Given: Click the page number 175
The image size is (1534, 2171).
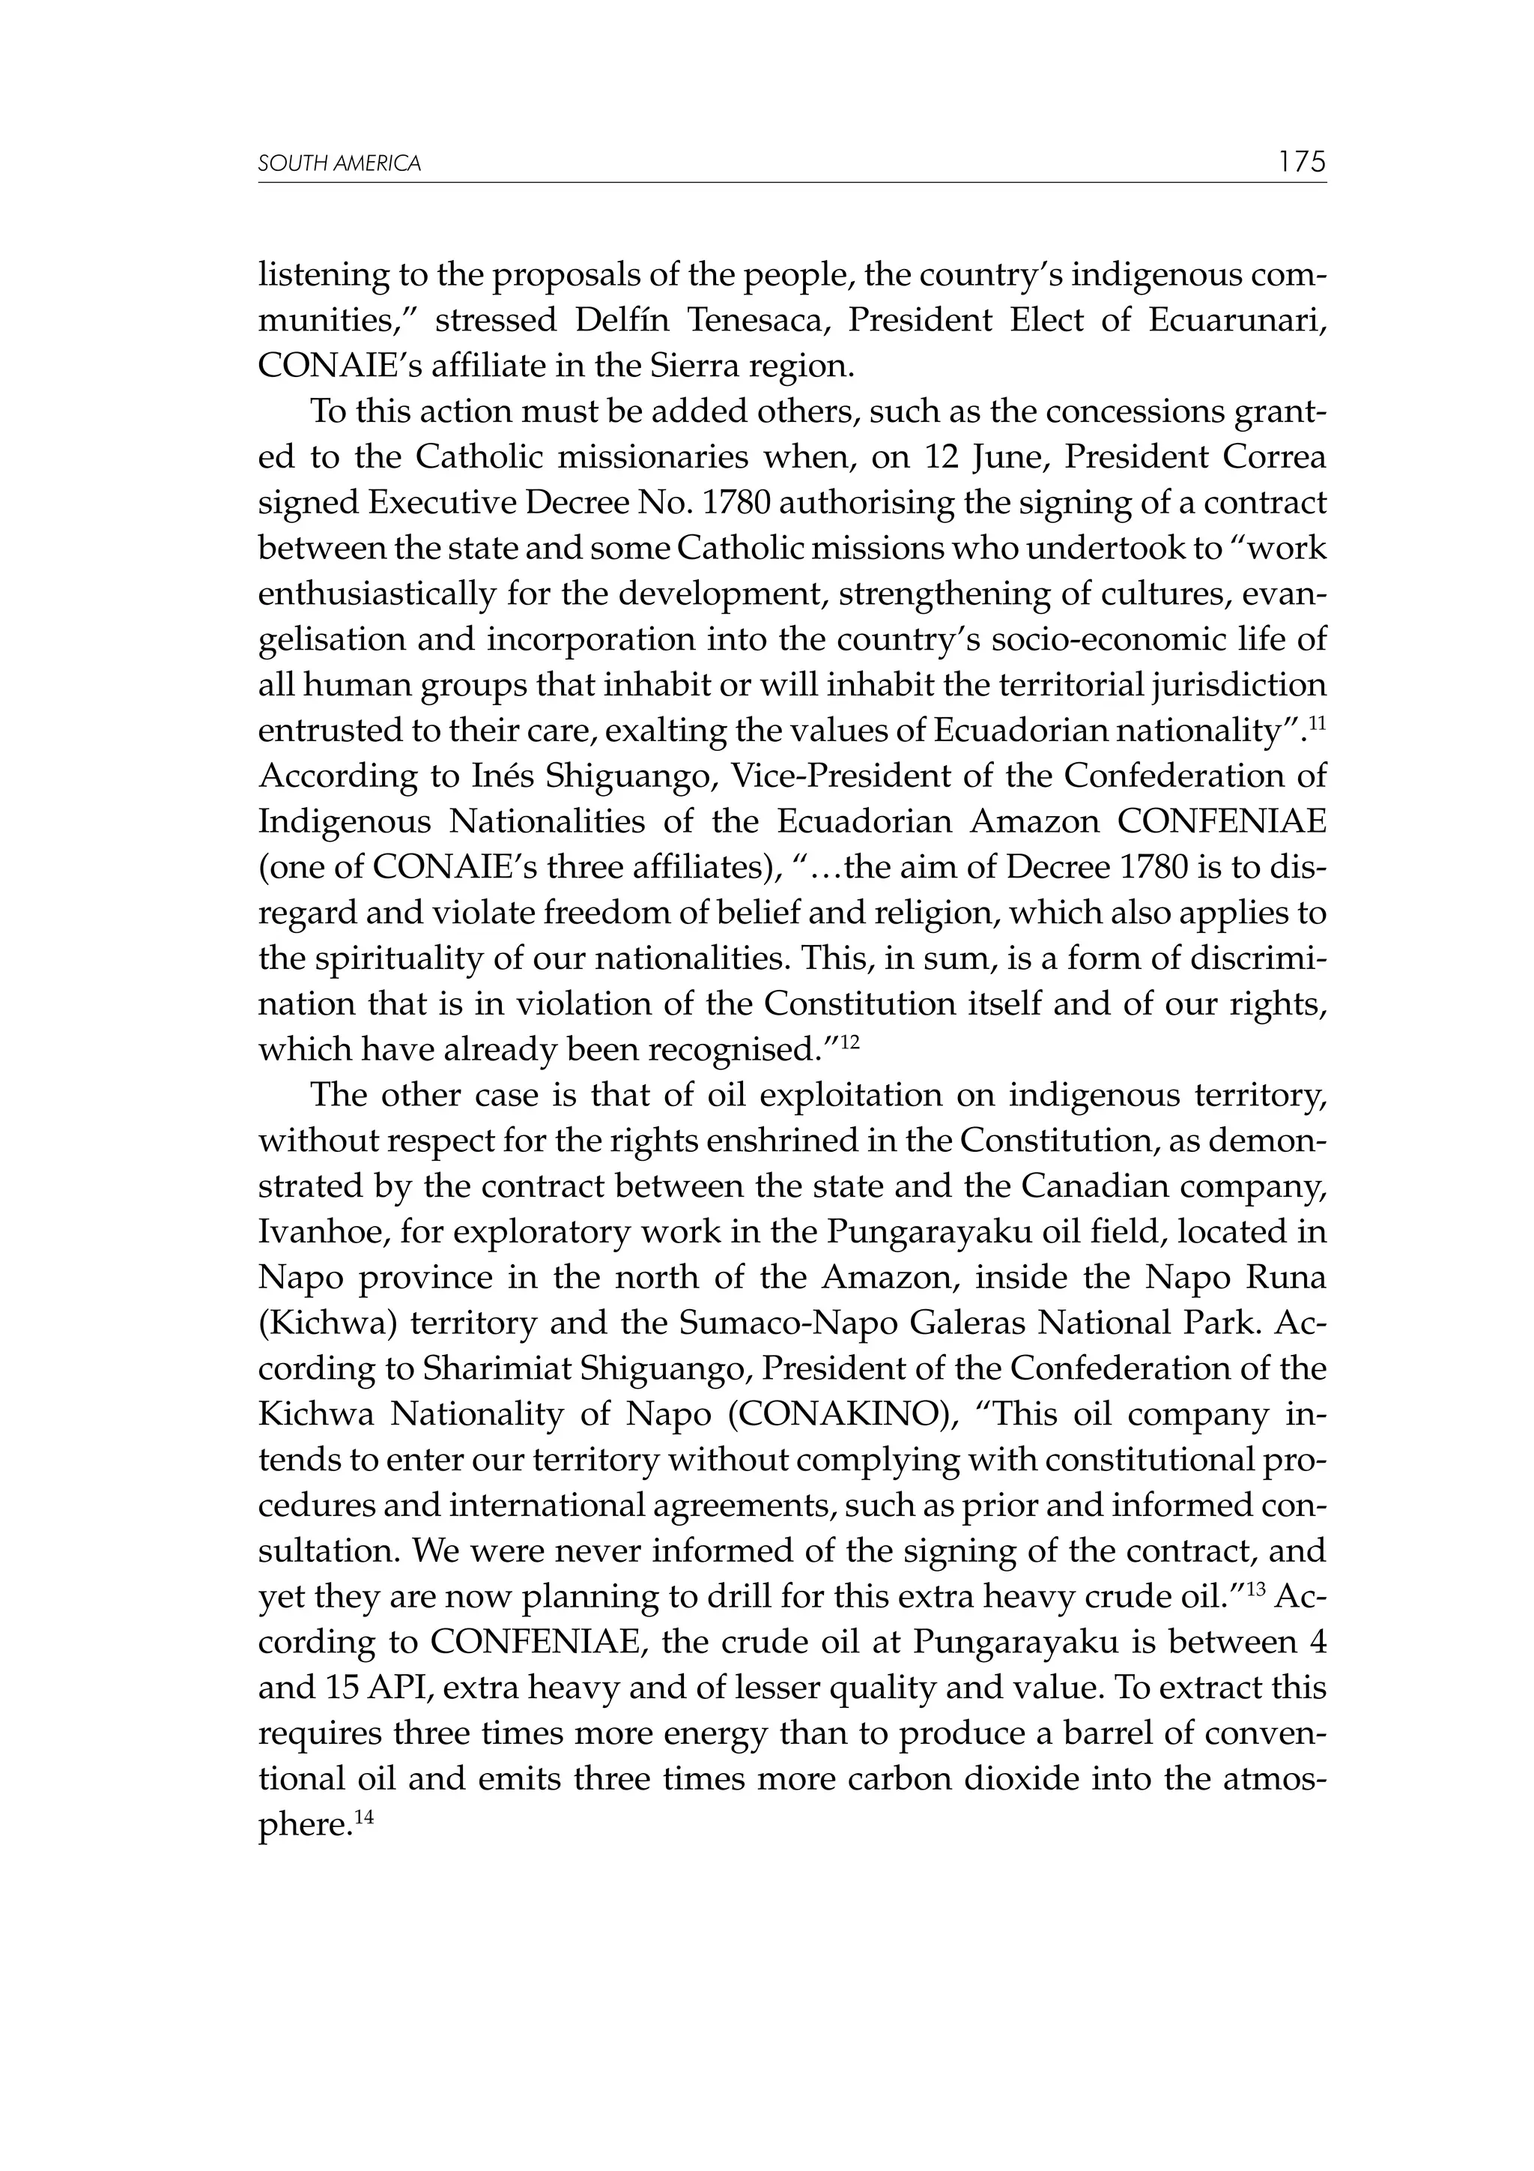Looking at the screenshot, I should click(x=1303, y=162).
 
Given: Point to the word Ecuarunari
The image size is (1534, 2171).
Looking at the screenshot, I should click(x=1237, y=321).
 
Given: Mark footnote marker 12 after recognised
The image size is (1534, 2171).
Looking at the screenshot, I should click(x=849, y=1041).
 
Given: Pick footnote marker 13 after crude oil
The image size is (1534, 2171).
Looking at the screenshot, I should click(x=1256, y=1589).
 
